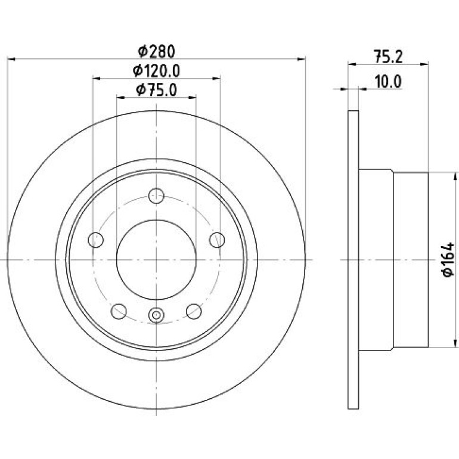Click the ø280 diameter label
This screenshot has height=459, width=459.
pyautogui.click(x=156, y=51)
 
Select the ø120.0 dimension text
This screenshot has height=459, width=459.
pyautogui.click(x=156, y=71)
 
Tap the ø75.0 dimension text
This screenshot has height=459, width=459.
pyautogui.click(x=156, y=90)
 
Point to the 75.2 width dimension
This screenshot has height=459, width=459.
pyautogui.click(x=388, y=57)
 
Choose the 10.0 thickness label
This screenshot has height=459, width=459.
pyautogui.click(x=388, y=82)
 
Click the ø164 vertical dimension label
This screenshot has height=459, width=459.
pyautogui.click(x=448, y=259)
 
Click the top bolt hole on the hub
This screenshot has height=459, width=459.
pyautogui.click(x=156, y=196)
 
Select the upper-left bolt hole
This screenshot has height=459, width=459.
pyautogui.click(x=96, y=240)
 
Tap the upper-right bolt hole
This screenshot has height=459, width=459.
pyautogui.click(x=217, y=240)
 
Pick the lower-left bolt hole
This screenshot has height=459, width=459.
pyautogui.click(x=119, y=311)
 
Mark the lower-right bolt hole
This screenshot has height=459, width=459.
pyautogui.click(x=194, y=311)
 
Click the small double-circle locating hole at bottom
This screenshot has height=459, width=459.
pyautogui.click(x=156, y=315)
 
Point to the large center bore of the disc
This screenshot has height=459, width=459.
pyautogui.click(x=156, y=260)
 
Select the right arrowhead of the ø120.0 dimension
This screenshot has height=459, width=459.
pyautogui.click(x=216, y=78)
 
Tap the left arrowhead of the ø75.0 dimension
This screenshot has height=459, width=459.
pyautogui.click(x=120, y=97)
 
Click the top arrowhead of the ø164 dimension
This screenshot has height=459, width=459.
pyautogui.click(x=455, y=176)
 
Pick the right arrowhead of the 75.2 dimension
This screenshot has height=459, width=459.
pyautogui.click(x=424, y=64)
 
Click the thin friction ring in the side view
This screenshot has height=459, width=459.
pyautogui.click(x=353, y=260)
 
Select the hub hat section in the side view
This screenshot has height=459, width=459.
pyautogui.click(x=393, y=260)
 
